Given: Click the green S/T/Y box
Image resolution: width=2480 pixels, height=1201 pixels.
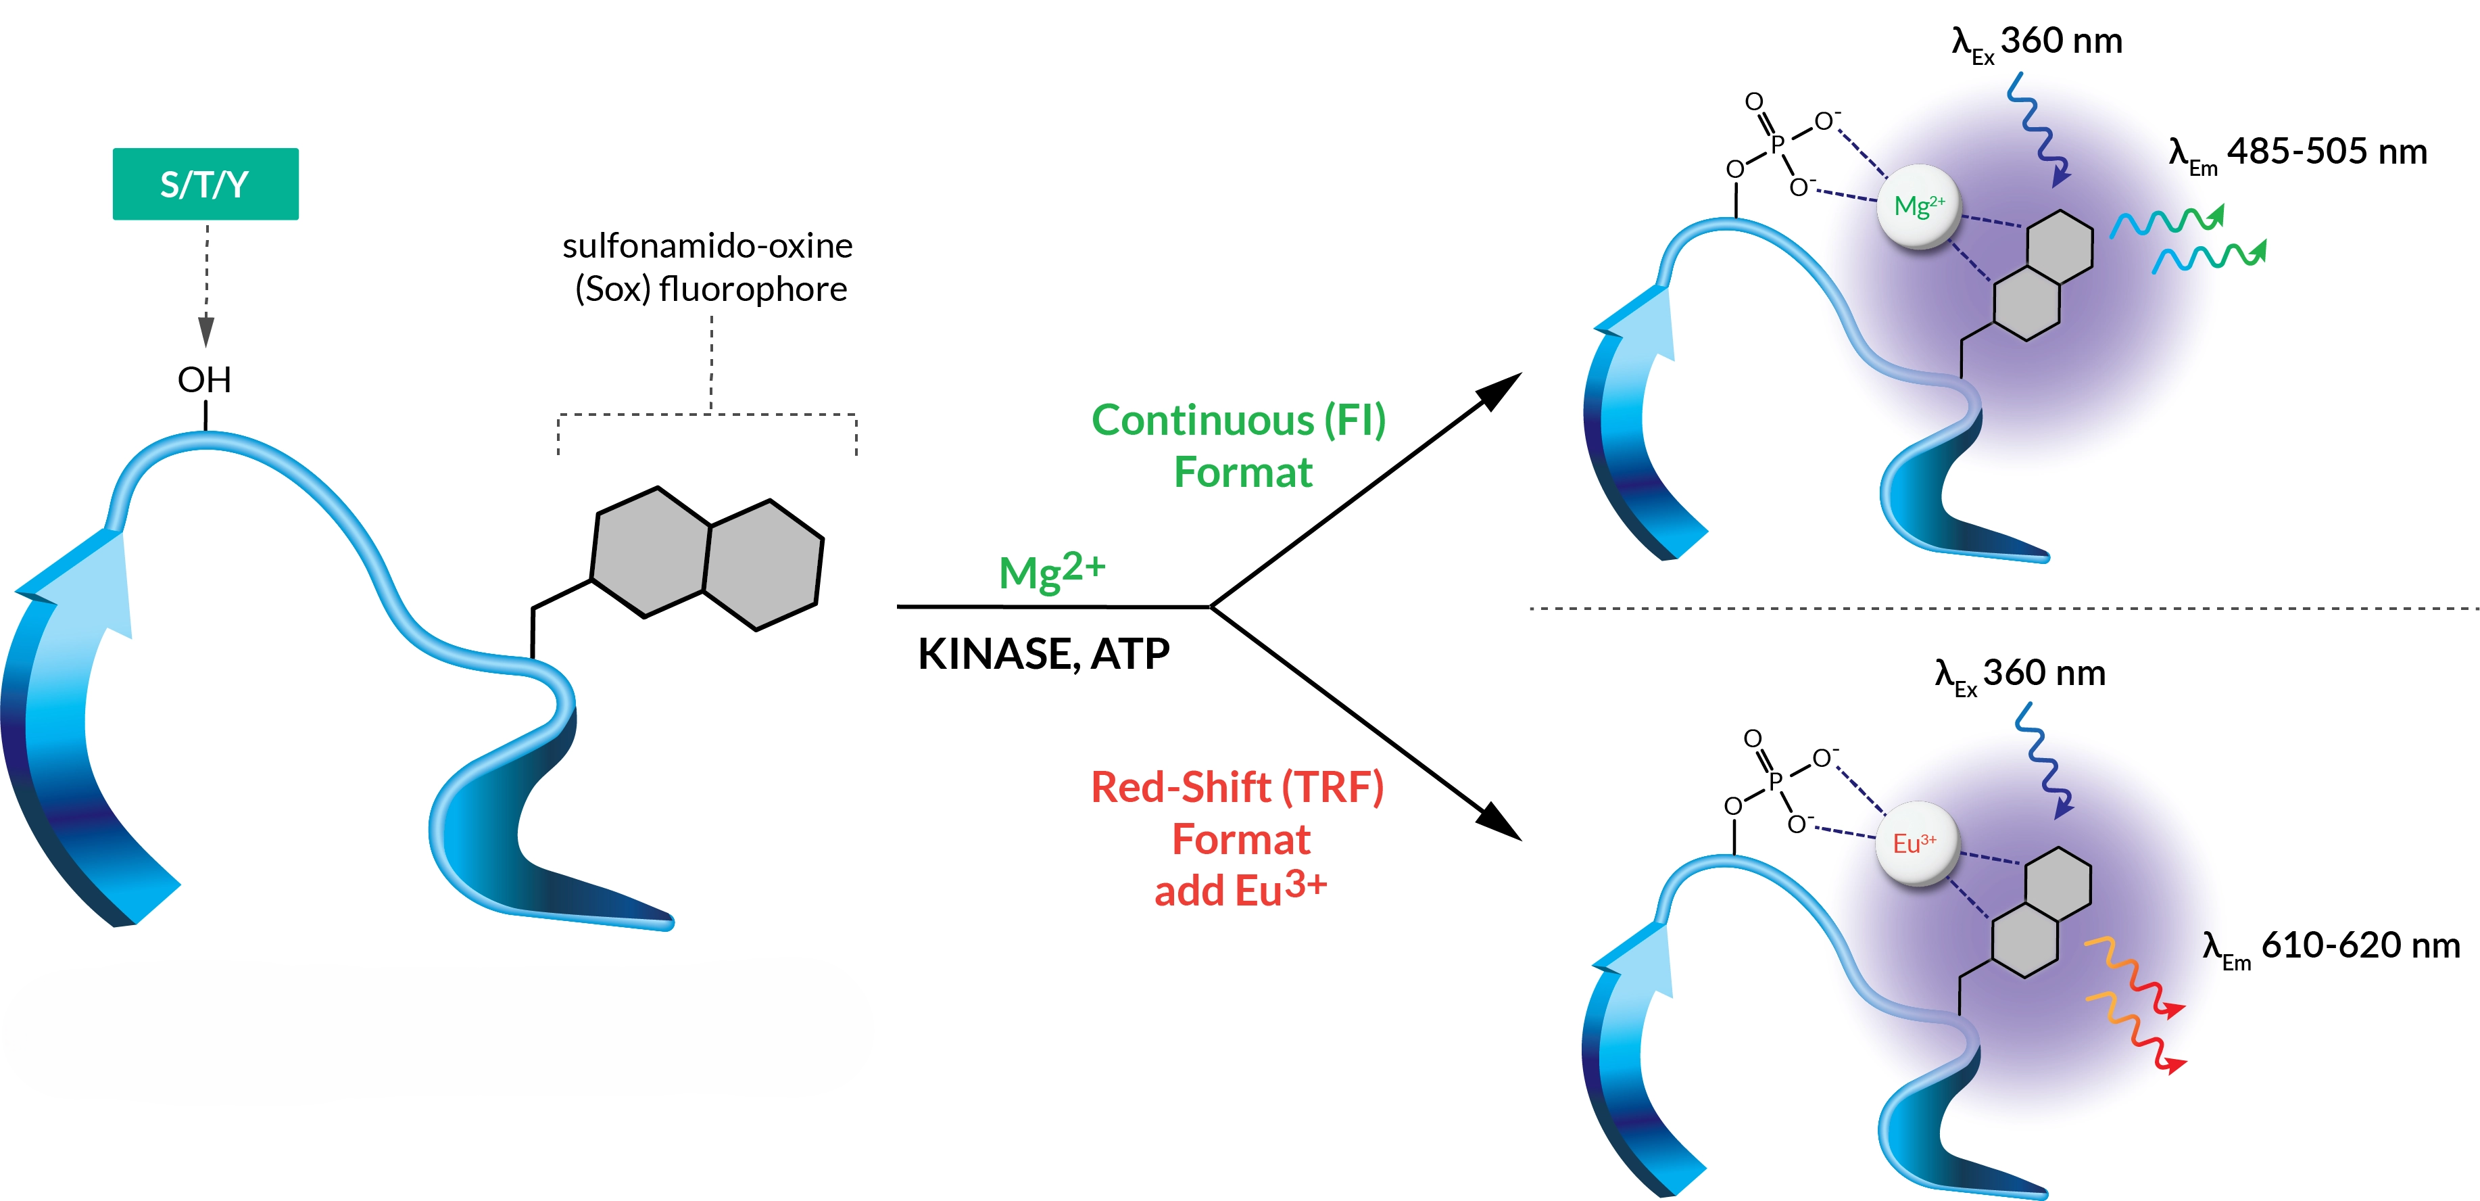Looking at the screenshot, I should click(205, 184).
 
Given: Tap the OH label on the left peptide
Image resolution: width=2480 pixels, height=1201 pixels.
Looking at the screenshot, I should click(204, 379).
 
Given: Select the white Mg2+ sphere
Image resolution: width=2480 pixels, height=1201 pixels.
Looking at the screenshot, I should click(1919, 207).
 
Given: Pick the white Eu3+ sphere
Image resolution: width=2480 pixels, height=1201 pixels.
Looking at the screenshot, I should click(1915, 844).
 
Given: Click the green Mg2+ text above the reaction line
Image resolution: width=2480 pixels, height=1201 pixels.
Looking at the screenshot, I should click(1051, 571).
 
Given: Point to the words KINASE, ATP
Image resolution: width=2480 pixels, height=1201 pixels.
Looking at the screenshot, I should click(1044, 654).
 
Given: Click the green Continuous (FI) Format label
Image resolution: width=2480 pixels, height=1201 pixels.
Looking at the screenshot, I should click(1239, 446).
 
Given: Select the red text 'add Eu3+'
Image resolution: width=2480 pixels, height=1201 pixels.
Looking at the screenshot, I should click(1240, 889).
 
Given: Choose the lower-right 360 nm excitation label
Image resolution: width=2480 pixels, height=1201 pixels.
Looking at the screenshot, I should click(2020, 674).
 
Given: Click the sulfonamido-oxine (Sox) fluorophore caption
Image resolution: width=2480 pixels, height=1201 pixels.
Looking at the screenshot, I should click(708, 267).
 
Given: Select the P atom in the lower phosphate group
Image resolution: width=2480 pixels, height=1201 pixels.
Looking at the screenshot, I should click(1775, 780).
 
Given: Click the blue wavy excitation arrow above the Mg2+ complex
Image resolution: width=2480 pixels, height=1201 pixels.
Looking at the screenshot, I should click(2038, 130).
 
